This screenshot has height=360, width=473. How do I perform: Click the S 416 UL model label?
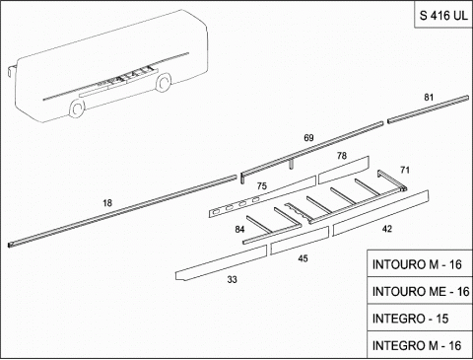[x=443, y=15]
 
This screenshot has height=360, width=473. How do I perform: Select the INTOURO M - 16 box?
[x=419, y=263]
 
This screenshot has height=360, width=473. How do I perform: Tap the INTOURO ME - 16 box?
[x=419, y=291]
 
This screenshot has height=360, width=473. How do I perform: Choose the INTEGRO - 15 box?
[x=419, y=318]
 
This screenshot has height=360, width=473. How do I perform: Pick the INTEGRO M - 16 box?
[x=419, y=345]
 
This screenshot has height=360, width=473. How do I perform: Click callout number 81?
[x=429, y=98]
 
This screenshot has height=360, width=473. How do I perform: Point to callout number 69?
[x=308, y=138]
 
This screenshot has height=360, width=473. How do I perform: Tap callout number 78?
[x=342, y=156]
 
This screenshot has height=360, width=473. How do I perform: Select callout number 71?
[x=405, y=170]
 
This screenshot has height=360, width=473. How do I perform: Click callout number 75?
[x=262, y=186]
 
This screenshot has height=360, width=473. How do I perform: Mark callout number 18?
[x=107, y=203]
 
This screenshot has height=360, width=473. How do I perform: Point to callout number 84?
[x=239, y=229]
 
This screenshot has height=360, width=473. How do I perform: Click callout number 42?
[x=387, y=229]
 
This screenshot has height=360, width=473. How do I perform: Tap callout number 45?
[x=303, y=258]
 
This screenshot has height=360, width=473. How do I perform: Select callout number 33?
[x=232, y=280]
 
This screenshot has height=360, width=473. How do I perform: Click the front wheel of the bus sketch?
[x=77, y=108]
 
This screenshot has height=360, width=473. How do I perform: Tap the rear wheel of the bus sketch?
[x=163, y=82]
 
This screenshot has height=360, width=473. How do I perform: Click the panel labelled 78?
[x=344, y=170]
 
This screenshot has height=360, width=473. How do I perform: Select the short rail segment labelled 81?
[x=428, y=109]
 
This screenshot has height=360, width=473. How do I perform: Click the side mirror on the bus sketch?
[x=11, y=71]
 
